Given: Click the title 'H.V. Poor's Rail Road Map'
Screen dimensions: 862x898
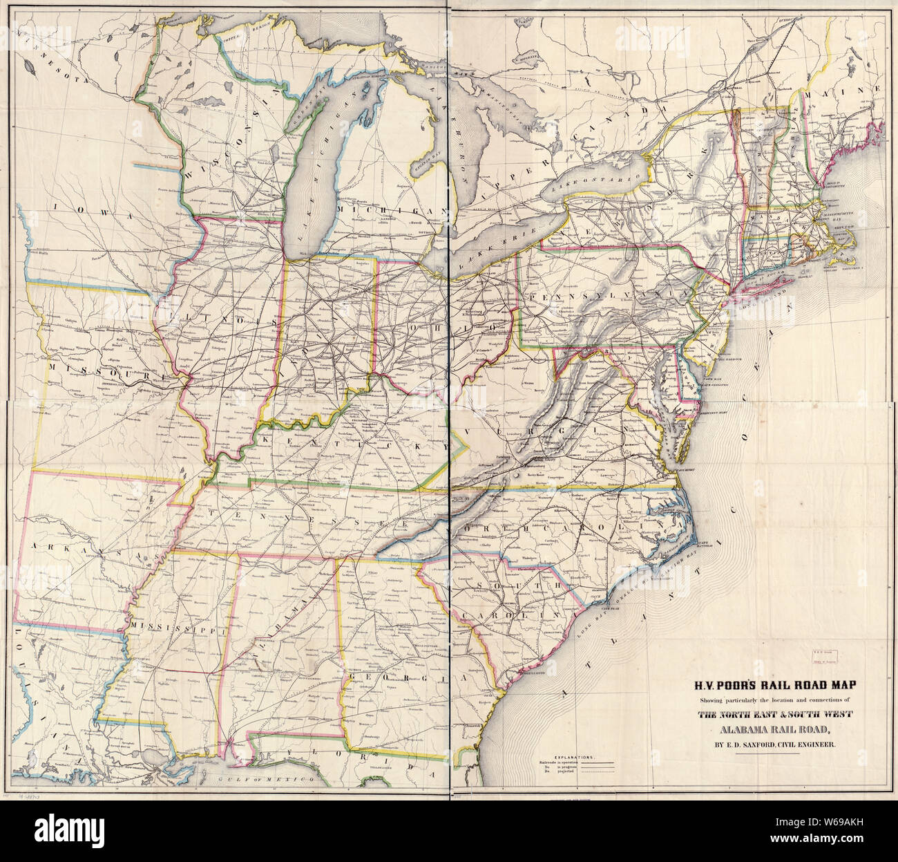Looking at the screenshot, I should tap(769, 686).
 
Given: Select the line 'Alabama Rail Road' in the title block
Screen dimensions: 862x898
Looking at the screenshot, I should tap(769, 729).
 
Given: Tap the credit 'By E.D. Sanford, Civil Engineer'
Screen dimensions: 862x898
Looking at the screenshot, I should tap(769, 744).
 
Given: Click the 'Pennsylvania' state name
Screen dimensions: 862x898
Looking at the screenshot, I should tap(608, 295).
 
